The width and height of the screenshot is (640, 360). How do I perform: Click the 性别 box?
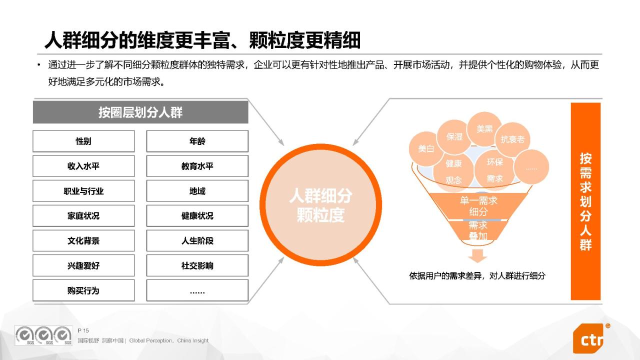83,141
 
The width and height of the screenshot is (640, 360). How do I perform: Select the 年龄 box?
197,141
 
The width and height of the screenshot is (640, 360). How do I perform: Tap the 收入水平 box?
83,166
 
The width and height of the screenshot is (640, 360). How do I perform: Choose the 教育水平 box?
197,166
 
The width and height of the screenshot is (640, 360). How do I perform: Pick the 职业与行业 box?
83,191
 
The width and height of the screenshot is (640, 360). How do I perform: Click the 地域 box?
197,191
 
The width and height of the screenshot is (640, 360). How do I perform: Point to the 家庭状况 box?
83,215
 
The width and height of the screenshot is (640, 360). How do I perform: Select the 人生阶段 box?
197,240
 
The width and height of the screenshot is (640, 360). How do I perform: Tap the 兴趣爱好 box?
83,265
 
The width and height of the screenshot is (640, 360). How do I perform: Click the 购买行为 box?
83,290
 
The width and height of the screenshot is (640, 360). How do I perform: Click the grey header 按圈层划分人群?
140,112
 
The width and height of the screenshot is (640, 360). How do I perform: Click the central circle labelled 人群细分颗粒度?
320,205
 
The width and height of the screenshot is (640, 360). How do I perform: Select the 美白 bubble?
425,149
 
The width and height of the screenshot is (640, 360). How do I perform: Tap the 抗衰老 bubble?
512,139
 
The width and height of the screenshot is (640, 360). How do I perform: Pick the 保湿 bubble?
454,137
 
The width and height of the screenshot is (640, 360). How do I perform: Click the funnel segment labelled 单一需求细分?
478,206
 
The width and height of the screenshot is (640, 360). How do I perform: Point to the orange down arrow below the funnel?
477,256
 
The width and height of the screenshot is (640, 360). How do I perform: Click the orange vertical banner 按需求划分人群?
585,201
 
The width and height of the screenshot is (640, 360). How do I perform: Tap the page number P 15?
83,330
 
